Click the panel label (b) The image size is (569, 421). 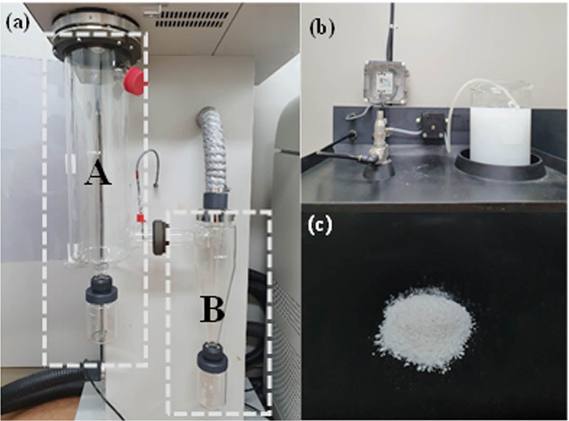coord(321,29)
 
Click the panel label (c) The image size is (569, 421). coord(320,226)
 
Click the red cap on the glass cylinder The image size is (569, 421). coord(135,80)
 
